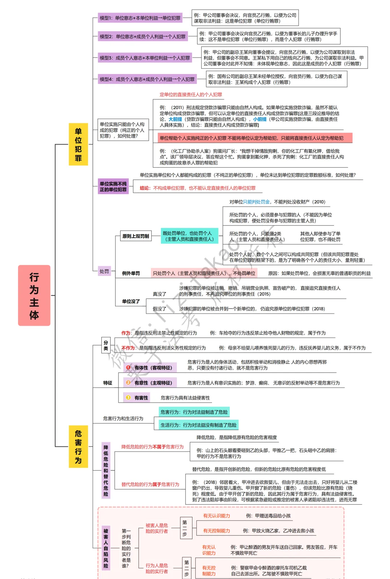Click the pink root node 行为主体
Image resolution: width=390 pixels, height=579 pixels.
34,295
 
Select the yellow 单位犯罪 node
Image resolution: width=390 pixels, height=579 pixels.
78,144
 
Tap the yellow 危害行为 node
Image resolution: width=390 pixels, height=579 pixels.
78,446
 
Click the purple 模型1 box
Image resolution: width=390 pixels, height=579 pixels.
140,18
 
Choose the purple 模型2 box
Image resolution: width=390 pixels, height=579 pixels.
143,36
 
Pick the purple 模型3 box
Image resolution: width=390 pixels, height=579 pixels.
145,58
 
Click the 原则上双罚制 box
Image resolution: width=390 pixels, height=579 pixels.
135,236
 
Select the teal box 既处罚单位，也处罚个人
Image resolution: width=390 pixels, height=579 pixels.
189,236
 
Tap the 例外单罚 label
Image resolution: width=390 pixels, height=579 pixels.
131,273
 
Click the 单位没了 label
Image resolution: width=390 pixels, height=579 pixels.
131,301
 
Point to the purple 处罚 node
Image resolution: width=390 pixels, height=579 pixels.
104,271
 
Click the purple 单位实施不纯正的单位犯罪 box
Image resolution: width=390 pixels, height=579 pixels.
113,186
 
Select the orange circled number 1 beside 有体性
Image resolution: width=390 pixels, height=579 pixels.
128,367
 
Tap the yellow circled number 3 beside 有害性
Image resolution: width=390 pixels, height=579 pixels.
128,398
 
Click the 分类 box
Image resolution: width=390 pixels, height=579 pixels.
106,345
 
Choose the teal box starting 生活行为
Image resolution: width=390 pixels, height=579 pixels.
198,425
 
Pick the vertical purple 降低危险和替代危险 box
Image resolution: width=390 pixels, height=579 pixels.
106,470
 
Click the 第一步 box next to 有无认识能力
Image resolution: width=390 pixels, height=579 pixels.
185,528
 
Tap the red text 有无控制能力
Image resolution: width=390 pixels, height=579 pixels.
216,531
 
